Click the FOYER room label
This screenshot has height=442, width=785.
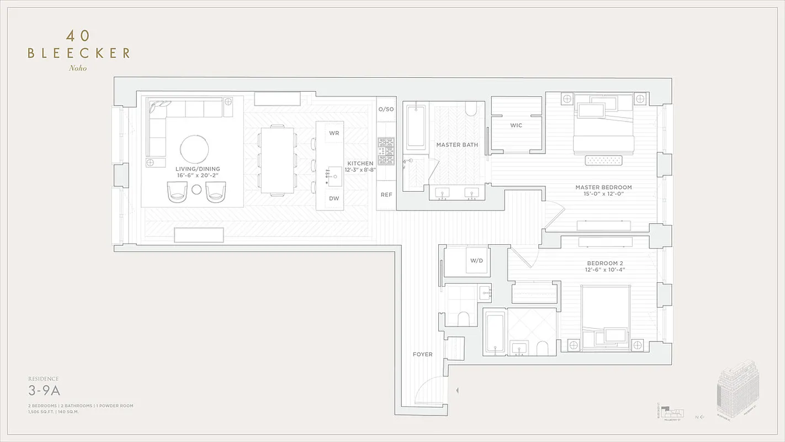point(422,354)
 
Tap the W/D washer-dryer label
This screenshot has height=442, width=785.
point(476,261)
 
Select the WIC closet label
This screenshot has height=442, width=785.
point(516,125)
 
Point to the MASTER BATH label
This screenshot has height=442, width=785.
point(457,145)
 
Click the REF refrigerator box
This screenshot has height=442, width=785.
point(386,195)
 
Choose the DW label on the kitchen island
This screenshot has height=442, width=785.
point(334,198)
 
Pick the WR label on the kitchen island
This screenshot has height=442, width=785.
point(334,133)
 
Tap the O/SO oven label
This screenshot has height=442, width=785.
point(386,109)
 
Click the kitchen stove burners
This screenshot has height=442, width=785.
point(386,149)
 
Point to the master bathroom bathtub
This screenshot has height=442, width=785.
point(416,128)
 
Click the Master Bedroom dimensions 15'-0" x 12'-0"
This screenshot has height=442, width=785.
point(603,194)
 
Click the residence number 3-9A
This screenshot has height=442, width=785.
point(44,391)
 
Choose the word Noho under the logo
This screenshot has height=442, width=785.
point(78,69)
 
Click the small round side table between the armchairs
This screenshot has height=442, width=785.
point(197,190)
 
